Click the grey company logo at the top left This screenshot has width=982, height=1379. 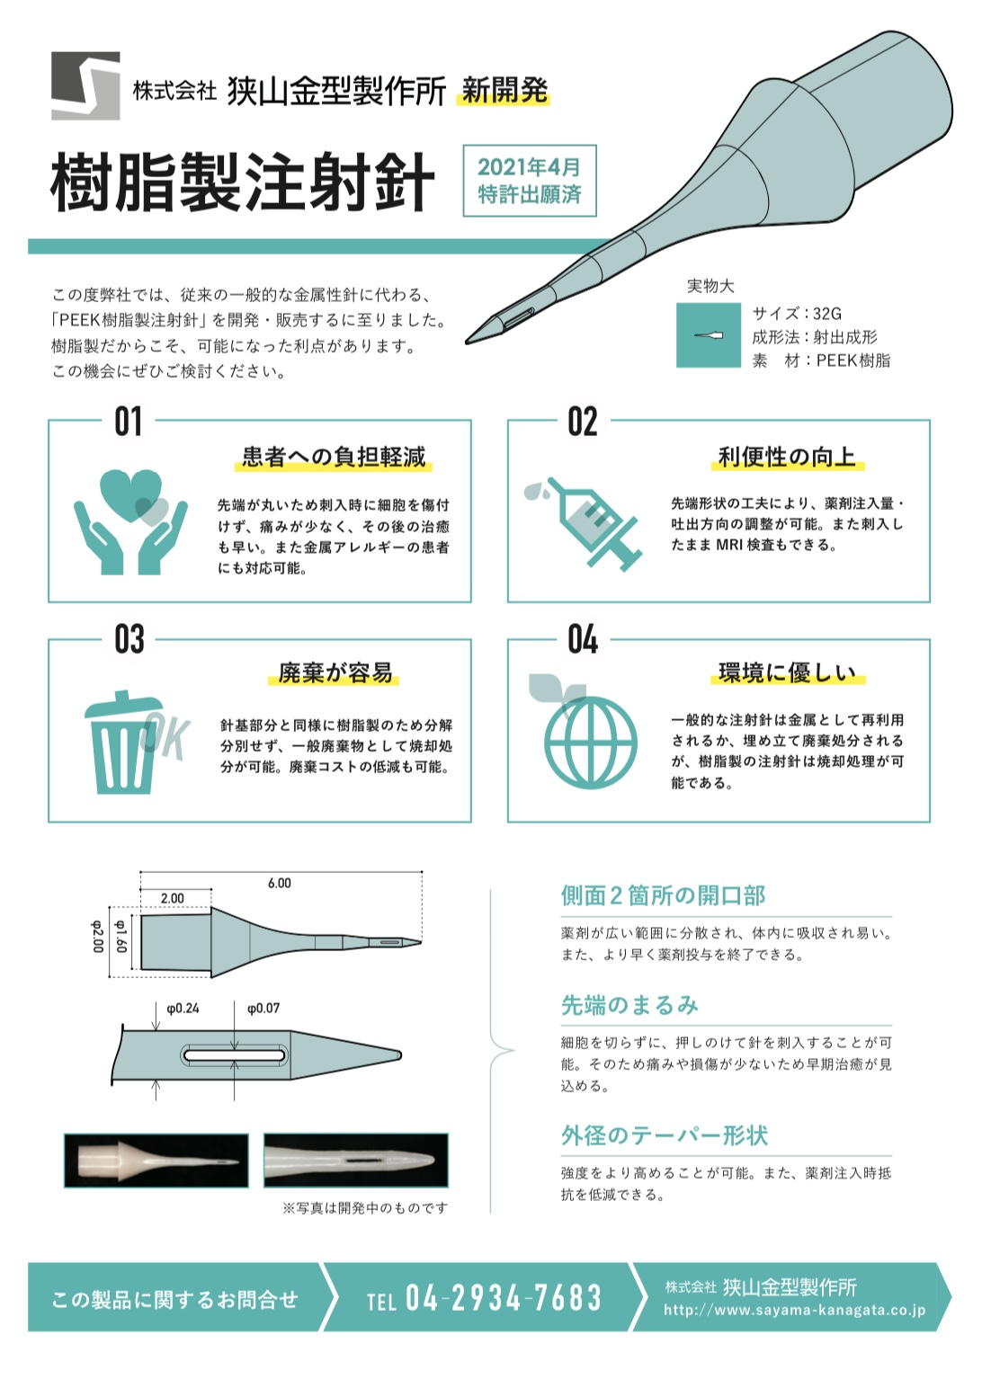85,85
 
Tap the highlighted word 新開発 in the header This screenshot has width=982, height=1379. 504,91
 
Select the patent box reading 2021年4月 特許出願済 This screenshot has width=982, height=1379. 530,181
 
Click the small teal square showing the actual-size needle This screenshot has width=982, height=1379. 709,335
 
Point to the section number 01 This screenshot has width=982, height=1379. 129,422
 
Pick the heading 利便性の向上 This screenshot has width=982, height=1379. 787,457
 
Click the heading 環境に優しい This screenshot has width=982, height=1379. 788,672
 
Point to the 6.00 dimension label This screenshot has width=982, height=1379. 280,883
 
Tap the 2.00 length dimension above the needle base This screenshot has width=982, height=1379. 173,898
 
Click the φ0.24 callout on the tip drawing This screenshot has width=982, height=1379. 183,1009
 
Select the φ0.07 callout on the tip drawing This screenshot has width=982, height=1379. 263,1009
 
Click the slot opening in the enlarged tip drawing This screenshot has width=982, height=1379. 234,1055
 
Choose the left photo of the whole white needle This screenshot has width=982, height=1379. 156,1161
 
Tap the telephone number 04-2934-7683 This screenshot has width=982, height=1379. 503,1298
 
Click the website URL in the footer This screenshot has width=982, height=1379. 794,1310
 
